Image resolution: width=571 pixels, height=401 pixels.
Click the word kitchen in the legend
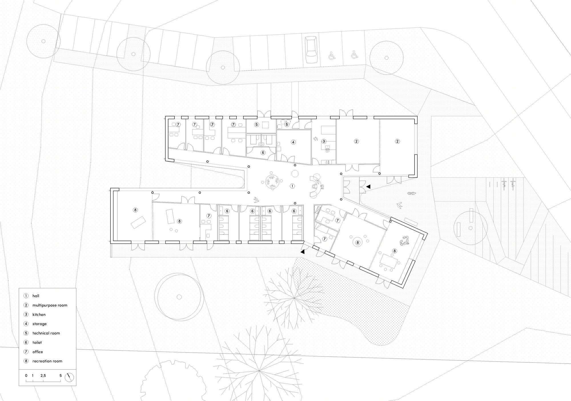pyautogui.click(x=39, y=315)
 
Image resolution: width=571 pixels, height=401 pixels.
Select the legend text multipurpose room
pyautogui.click(x=50, y=305)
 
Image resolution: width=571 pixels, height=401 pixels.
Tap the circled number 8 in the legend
pyautogui.click(x=26, y=361)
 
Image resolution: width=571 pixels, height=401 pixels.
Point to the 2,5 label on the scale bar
pyautogui.click(x=43, y=376)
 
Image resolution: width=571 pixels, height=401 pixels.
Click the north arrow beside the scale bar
pyautogui.click(x=69, y=377)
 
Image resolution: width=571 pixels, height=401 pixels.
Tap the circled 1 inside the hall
pyautogui.click(x=292, y=186)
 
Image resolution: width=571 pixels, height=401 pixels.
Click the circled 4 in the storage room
pyautogui.click(x=293, y=142)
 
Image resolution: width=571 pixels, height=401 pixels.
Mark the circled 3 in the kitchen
pyautogui.click(x=324, y=141)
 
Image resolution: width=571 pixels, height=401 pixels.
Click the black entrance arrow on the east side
pyautogui.click(x=368, y=186)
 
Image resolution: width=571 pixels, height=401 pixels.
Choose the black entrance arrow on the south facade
pyautogui.click(x=302, y=252)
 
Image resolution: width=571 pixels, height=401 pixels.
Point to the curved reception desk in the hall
pyautogui.click(x=317, y=186)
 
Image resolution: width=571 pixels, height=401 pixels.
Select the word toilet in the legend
pyautogui.click(x=37, y=342)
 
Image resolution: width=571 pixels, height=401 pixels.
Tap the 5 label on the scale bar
pyautogui.click(x=61, y=376)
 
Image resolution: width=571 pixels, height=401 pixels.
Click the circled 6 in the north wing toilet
pyautogui.click(x=263, y=153)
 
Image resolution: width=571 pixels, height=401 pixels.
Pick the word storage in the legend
pyautogui.click(x=39, y=324)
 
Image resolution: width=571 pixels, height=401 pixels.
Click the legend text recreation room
pyautogui.click(x=47, y=361)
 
